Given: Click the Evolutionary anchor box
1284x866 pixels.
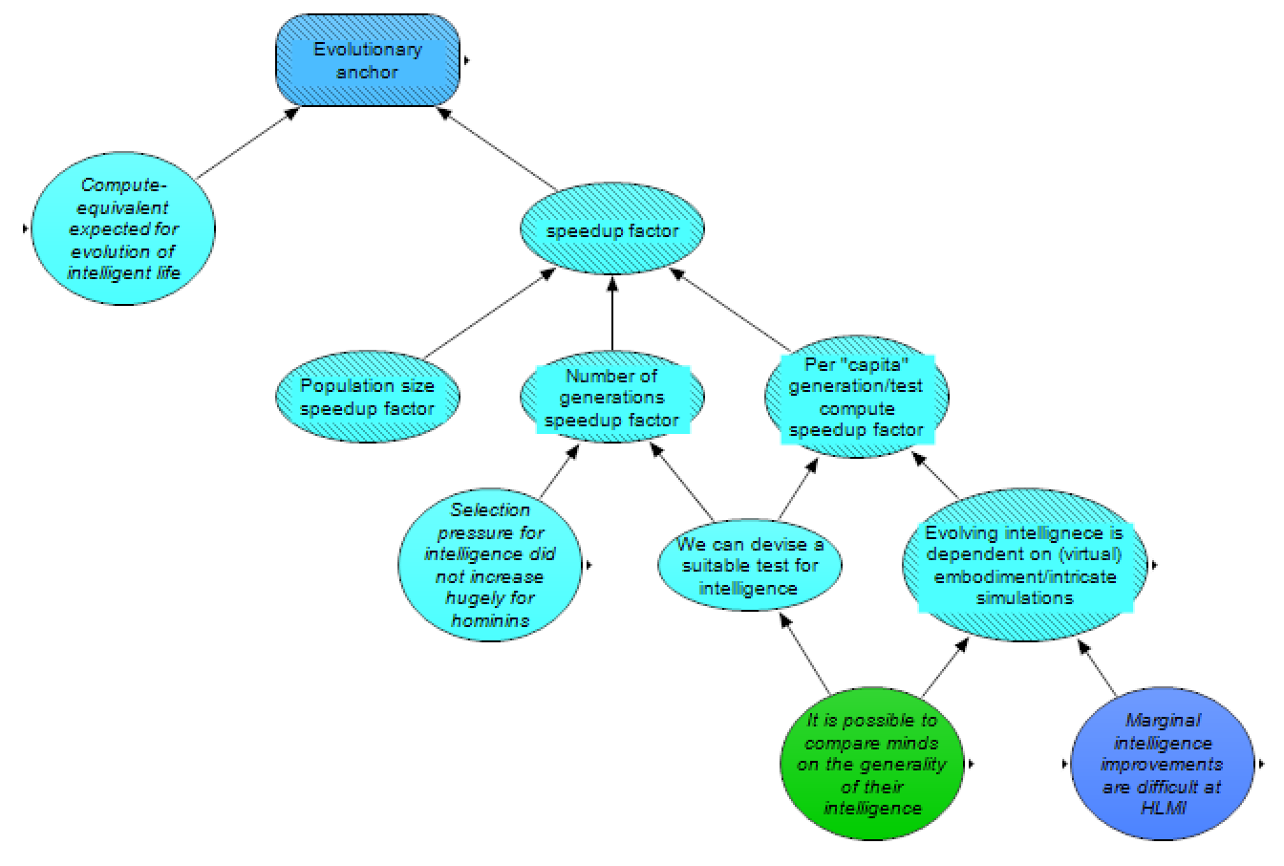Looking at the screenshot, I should (x=368, y=60).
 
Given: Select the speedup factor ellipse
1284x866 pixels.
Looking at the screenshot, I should (x=611, y=230).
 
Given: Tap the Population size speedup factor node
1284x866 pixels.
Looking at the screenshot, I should (x=367, y=397).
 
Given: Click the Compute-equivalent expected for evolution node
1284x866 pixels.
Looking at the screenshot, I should (x=122, y=229).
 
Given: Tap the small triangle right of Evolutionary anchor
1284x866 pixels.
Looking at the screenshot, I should (x=466, y=60).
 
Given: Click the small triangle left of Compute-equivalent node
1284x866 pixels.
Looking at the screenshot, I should (x=24, y=228).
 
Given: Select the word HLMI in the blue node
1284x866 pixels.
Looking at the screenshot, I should (x=1161, y=807).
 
